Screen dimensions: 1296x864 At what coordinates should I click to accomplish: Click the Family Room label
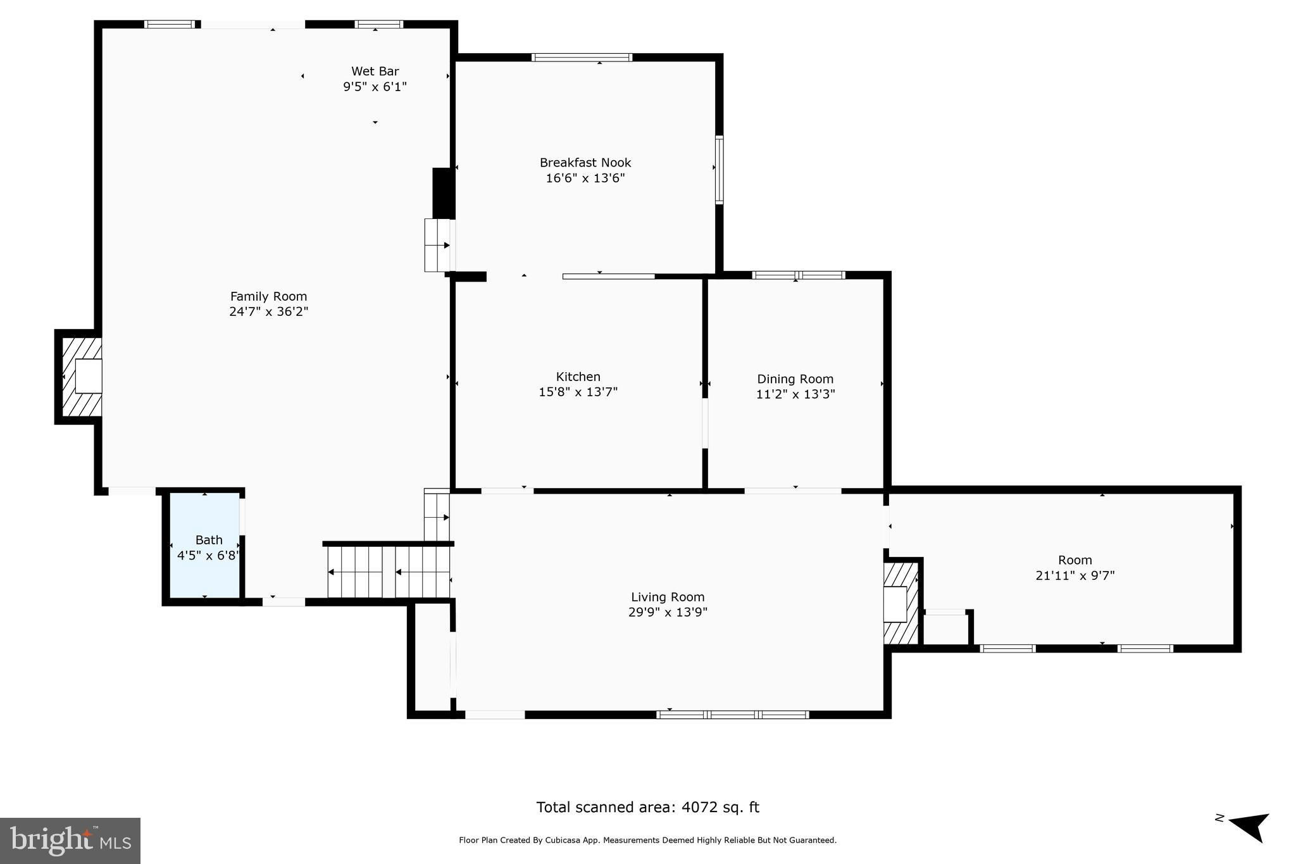pos(268,296)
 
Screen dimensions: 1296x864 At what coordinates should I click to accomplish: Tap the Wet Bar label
pos(375,72)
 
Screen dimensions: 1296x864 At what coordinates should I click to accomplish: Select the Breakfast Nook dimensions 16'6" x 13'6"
pos(585,178)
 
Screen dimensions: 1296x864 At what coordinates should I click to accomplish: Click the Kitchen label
pos(578,377)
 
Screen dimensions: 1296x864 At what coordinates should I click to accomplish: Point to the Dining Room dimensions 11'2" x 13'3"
pos(795,394)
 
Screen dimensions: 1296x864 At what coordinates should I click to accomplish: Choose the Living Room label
pos(668,597)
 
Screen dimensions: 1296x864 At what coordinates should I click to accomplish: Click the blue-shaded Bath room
pos(204,546)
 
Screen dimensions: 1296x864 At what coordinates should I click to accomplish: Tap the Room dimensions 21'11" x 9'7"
pos(1075,575)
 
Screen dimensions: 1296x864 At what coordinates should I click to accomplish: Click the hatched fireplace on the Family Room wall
pos(79,377)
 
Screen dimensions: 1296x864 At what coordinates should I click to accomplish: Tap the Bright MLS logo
pos(70,841)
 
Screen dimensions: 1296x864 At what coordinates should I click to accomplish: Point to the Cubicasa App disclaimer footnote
pos(647,841)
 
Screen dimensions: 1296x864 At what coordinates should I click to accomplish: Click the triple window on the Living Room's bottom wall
pos(733,715)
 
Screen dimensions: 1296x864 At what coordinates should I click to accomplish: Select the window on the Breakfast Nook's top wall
pos(582,58)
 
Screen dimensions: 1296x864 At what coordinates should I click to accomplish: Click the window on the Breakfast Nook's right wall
pos(719,170)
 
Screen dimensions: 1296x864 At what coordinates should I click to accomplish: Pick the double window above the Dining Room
pos(799,275)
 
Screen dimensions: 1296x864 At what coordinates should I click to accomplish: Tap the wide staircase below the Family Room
pos(389,572)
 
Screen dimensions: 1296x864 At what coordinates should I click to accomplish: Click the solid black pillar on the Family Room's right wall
pos(442,193)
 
